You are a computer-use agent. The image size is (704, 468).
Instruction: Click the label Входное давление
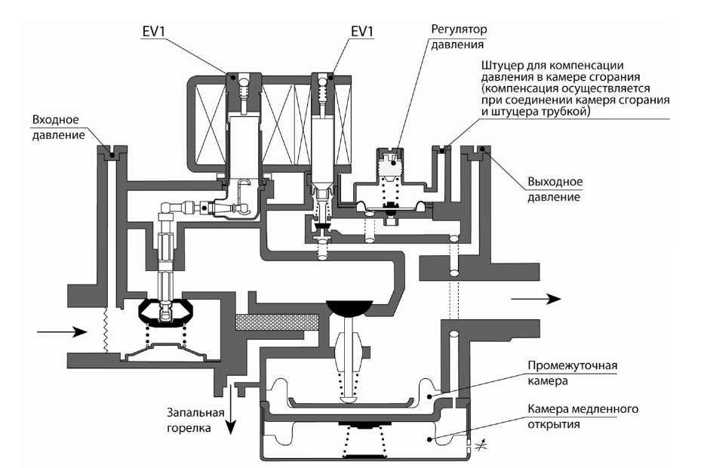point(58,128)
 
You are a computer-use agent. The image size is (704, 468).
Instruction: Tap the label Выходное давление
point(555,189)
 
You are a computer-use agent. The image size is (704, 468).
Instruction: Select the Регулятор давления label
point(459,37)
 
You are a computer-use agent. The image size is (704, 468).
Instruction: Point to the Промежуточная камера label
point(573,373)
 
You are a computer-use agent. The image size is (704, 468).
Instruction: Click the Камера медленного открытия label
point(583,417)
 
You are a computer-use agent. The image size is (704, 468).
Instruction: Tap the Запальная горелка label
point(195,420)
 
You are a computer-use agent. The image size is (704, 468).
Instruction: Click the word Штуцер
point(503,66)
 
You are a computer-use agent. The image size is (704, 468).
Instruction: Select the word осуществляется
point(604,88)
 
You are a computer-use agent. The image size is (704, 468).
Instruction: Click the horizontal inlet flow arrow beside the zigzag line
point(62,332)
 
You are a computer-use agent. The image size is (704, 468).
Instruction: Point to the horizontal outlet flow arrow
point(536,299)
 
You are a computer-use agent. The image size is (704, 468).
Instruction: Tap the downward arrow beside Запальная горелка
point(230,409)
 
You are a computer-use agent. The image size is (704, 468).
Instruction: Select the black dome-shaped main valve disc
point(349,306)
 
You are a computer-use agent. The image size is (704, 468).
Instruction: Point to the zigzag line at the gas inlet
point(106,330)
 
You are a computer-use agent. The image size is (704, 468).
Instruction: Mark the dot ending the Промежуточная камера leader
point(429,396)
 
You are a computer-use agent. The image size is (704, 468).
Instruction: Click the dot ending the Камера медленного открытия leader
point(429,439)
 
